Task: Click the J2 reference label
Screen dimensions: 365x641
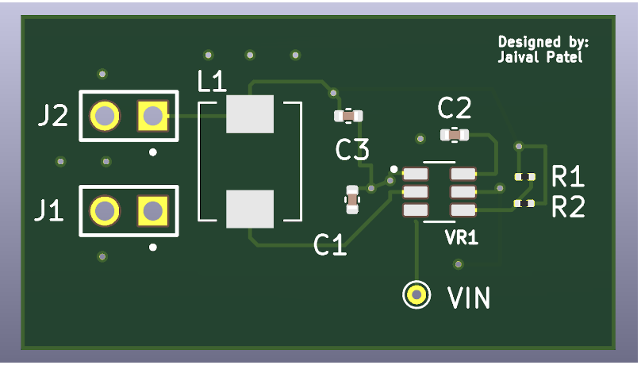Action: [x=53, y=117]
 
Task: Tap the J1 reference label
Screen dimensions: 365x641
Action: [x=49, y=211]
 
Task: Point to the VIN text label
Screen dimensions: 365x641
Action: [x=469, y=298]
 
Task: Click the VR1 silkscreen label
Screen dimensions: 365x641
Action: [x=461, y=237]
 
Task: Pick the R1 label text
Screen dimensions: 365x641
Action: [x=568, y=175]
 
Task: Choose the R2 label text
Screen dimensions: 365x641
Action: [x=568, y=208]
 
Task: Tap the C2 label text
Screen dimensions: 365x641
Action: [x=455, y=108]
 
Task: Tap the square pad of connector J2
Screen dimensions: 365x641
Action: [x=152, y=117]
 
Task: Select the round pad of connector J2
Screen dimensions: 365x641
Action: [x=104, y=117]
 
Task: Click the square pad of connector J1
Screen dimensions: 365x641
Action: [x=152, y=210]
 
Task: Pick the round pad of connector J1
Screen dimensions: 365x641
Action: [x=104, y=210]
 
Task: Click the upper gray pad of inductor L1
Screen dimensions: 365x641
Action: [x=250, y=114]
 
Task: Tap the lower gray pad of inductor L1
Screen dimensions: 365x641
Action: [x=250, y=209]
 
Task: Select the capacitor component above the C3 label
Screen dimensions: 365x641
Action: [x=348, y=116]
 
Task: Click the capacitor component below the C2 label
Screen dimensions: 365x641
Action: [x=455, y=135]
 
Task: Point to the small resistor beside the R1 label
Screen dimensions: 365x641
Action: [x=524, y=176]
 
